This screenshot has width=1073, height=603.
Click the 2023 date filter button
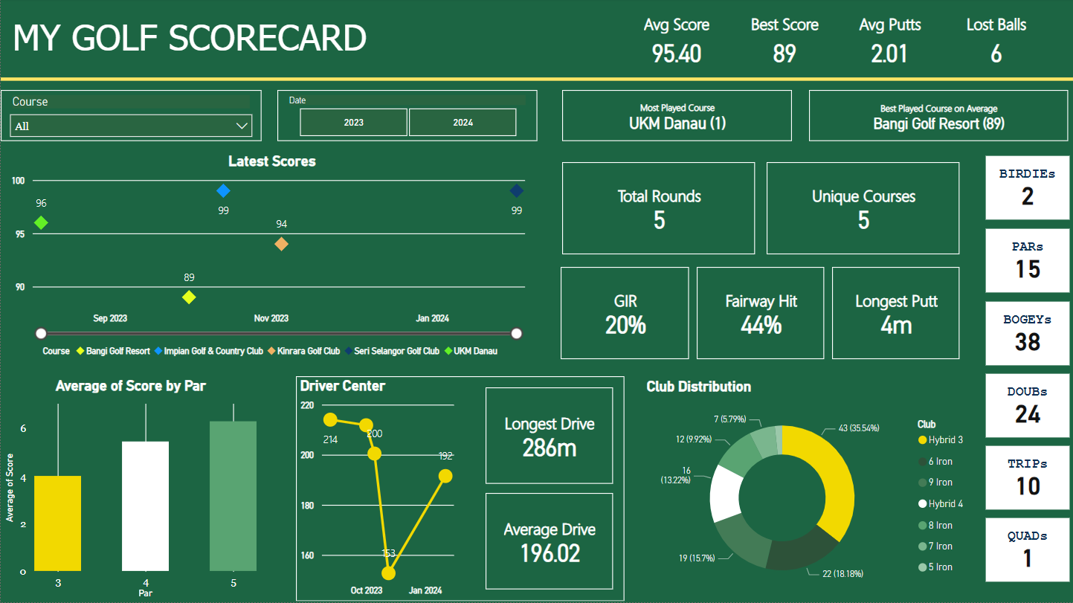pyautogui.click(x=354, y=123)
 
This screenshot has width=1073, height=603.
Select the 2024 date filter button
pyautogui.click(x=463, y=123)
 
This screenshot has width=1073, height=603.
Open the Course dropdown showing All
pyautogui.click(x=132, y=126)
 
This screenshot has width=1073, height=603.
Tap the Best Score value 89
pyautogui.click(x=784, y=54)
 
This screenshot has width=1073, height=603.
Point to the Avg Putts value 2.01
pyautogui.click(x=889, y=54)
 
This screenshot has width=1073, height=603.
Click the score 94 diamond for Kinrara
pyautogui.click(x=281, y=244)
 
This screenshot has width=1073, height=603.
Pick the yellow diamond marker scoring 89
pyautogui.click(x=189, y=297)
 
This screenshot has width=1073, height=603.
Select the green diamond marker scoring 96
pyautogui.click(x=41, y=222)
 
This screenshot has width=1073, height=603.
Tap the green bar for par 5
pyautogui.click(x=233, y=496)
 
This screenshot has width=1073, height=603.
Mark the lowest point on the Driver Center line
pyautogui.click(x=388, y=573)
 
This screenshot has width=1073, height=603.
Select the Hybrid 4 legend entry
pyautogui.click(x=945, y=504)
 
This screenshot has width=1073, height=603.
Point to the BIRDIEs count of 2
pyautogui.click(x=1028, y=197)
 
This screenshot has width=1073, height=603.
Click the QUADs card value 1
pyautogui.click(x=1028, y=558)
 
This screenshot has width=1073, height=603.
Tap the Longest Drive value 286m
pyautogui.click(x=550, y=448)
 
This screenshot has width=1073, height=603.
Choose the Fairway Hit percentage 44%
pyautogui.click(x=761, y=325)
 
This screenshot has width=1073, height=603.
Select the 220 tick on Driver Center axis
pyautogui.click(x=307, y=406)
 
